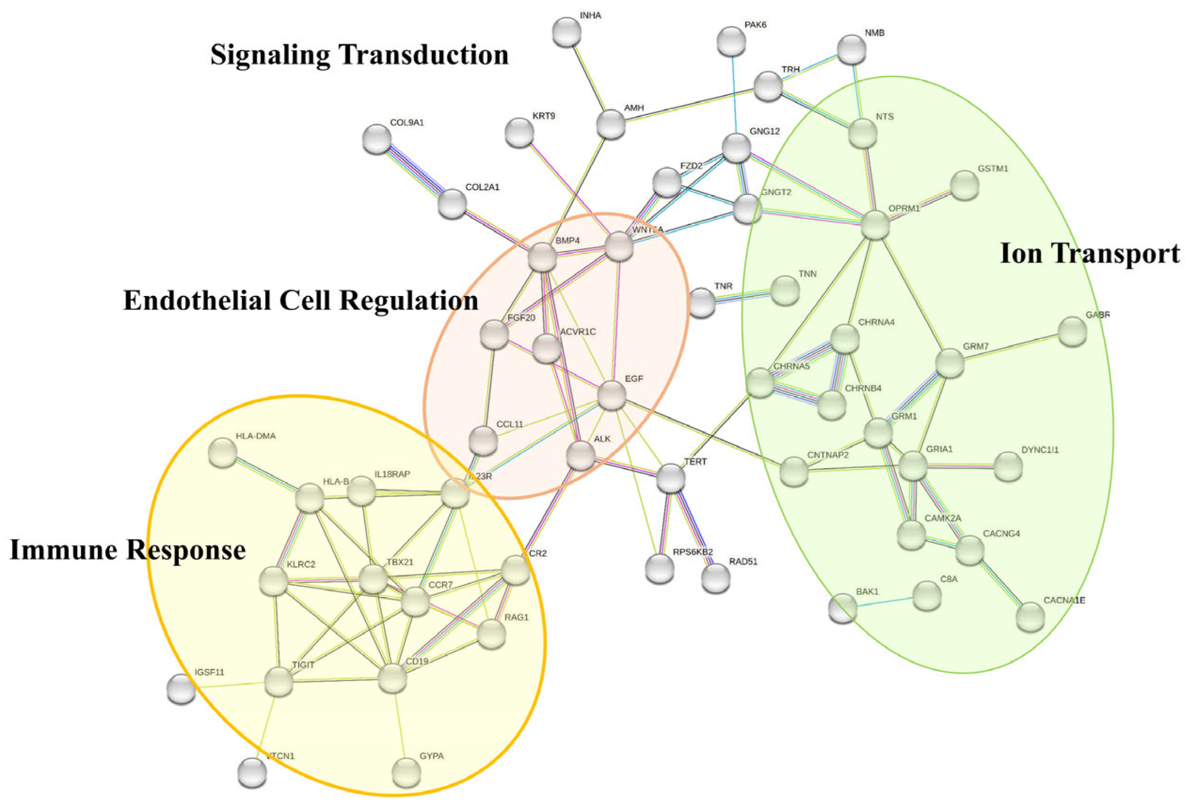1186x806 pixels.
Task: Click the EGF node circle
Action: [x=611, y=395]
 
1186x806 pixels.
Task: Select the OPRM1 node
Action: [x=875, y=225]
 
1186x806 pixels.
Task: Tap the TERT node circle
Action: [x=671, y=478]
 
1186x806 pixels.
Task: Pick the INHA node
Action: [x=567, y=32]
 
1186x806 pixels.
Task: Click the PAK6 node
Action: [x=731, y=41]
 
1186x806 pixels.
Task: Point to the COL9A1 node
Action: [x=377, y=139]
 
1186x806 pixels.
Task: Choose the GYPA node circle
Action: [x=407, y=772]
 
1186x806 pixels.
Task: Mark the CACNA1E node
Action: [x=1030, y=616]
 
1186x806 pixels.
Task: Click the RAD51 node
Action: [x=715, y=578]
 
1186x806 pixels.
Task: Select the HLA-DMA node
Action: [x=223, y=453]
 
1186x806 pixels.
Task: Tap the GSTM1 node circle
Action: [x=964, y=185]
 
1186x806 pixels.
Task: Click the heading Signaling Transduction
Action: [x=360, y=55]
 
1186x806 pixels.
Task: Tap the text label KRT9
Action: [x=544, y=116]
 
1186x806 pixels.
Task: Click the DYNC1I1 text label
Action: [x=1040, y=450]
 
